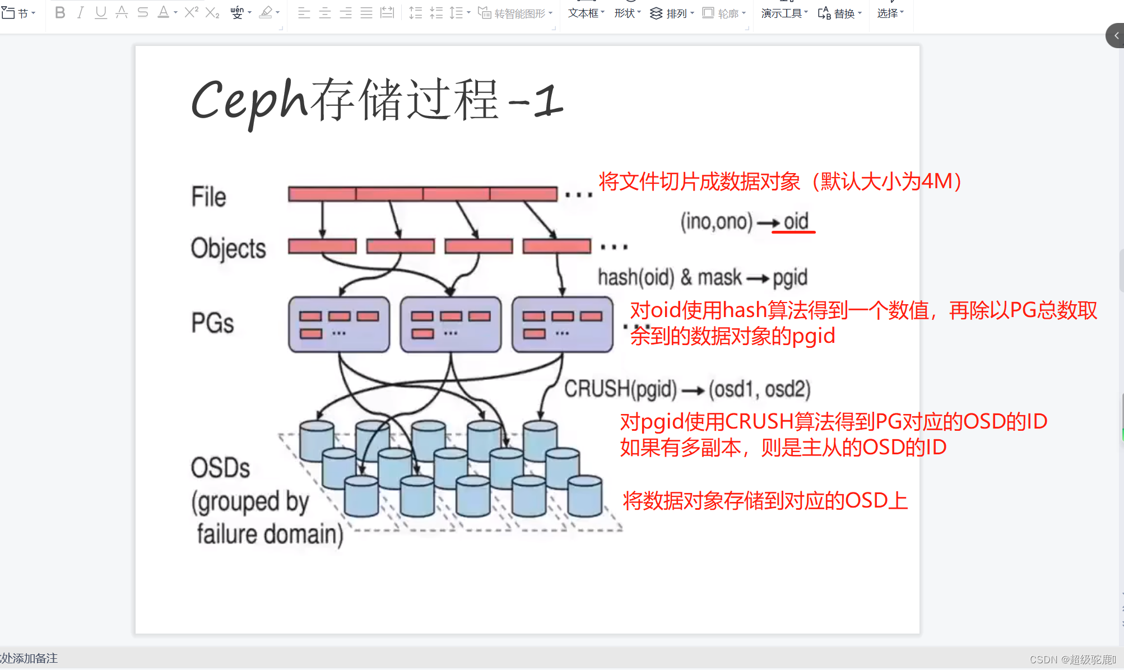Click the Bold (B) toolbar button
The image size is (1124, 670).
click(x=60, y=12)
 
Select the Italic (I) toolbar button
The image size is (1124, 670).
click(x=80, y=12)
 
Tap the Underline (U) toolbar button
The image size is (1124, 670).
click(x=101, y=12)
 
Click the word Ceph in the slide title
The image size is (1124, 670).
click(x=249, y=101)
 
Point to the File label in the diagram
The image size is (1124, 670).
click(x=208, y=197)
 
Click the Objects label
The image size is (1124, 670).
click(x=228, y=248)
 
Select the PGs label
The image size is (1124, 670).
click(x=212, y=323)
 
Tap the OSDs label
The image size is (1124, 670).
click(x=220, y=468)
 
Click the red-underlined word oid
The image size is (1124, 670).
click(x=796, y=222)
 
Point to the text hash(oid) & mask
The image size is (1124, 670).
click(x=669, y=277)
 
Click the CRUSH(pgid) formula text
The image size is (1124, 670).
click(x=620, y=389)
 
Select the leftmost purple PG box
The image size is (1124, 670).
click(x=339, y=324)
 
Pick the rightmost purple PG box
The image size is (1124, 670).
click(x=562, y=324)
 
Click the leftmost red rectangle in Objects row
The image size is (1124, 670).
click(x=322, y=246)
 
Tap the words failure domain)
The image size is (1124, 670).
click(x=270, y=534)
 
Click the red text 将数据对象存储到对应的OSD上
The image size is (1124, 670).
click(x=765, y=500)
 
